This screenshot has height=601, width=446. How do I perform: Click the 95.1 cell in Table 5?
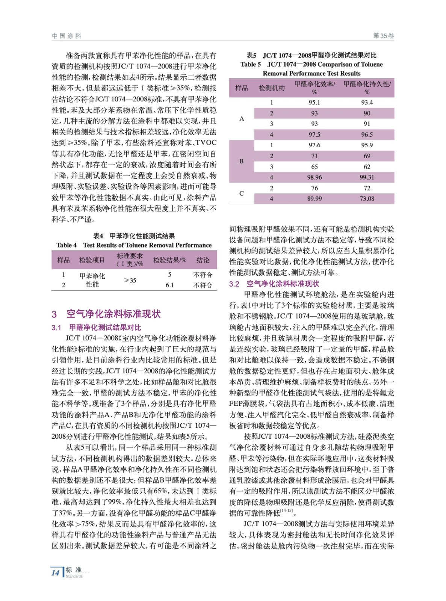tap(314, 103)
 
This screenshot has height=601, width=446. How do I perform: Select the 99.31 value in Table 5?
tap(367, 177)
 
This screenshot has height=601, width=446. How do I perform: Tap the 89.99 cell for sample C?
tap(314, 199)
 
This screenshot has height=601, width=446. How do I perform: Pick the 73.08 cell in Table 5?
tap(367, 199)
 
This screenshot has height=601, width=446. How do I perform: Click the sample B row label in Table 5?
tap(242, 161)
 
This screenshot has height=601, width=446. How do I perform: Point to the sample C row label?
tap(242, 193)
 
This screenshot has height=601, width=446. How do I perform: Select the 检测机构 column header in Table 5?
tap(272, 88)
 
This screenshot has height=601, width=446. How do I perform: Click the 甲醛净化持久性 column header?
tap(367, 88)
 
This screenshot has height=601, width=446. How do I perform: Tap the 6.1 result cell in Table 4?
tap(169, 285)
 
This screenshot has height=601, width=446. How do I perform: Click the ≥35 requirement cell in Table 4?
tap(130, 280)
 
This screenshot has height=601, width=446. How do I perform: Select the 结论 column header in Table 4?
tap(203, 260)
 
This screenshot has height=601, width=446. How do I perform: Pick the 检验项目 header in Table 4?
tap(92, 260)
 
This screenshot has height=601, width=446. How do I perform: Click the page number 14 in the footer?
tap(56, 573)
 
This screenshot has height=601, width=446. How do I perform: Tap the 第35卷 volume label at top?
tap(383, 36)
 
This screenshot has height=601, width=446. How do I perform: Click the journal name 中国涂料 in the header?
tap(67, 36)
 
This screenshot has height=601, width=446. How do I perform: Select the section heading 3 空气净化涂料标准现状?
tap(106, 314)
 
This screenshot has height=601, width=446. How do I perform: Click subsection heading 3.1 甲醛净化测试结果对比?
tap(97, 328)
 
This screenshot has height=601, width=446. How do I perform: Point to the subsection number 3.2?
tap(234, 284)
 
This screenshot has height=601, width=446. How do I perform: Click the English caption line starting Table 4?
tap(134, 245)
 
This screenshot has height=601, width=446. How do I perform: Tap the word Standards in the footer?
tap(74, 576)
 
